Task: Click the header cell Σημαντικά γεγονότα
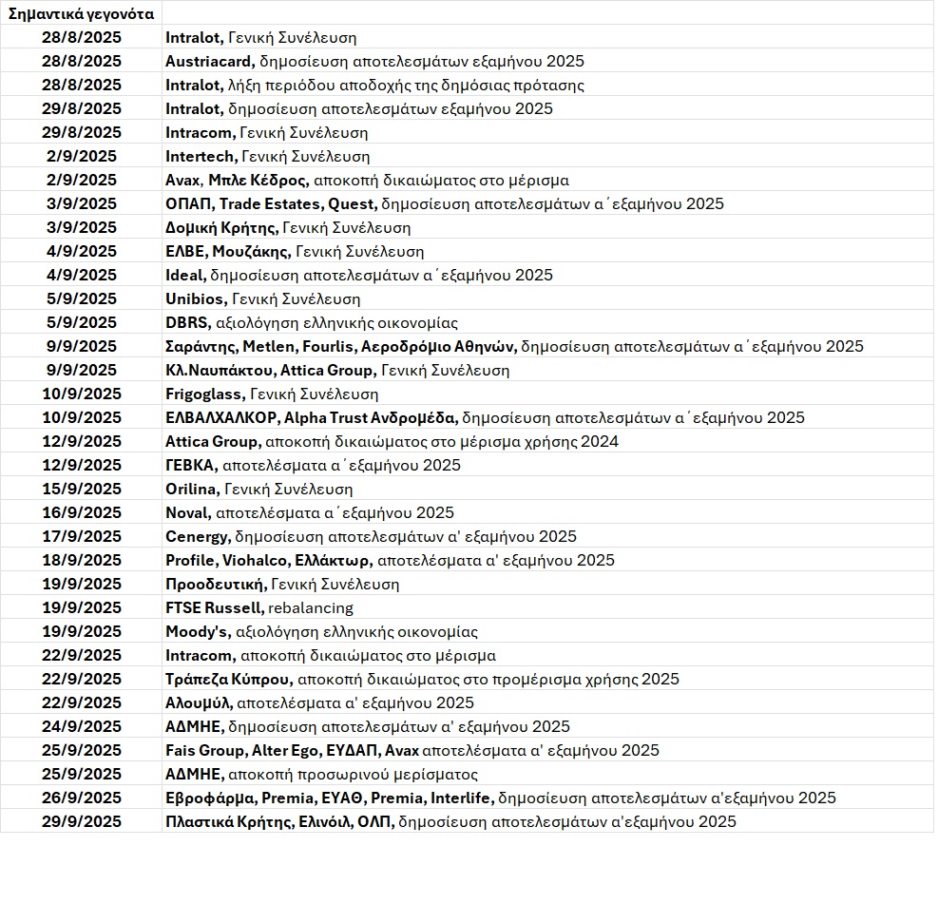82,13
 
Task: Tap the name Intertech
200,156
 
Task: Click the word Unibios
195,298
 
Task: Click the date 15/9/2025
82,489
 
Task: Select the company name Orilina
193,489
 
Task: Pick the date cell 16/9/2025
82,512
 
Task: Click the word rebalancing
311,607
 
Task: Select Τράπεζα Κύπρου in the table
229,679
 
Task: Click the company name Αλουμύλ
199,702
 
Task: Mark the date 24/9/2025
82,726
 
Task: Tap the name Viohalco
256,560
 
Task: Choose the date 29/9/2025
82,821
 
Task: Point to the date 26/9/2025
82,798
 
